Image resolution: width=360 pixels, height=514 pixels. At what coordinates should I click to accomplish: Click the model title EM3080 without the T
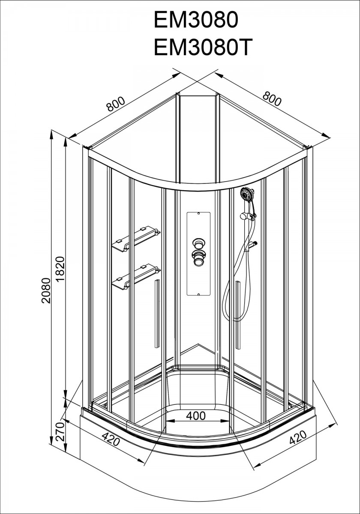click(x=196, y=20)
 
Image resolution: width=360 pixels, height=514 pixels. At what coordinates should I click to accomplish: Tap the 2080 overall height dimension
click(x=46, y=290)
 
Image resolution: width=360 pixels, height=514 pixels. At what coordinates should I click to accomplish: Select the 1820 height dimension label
click(x=60, y=269)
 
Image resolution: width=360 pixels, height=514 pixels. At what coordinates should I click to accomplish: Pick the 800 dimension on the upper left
click(x=116, y=104)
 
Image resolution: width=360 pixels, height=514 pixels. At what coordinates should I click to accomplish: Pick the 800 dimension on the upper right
click(x=271, y=99)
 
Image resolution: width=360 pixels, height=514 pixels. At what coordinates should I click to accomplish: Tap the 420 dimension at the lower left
click(x=111, y=439)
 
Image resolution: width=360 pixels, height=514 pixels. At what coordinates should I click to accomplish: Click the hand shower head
click(x=246, y=194)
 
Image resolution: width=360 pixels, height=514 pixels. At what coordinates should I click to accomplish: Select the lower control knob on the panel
click(x=198, y=258)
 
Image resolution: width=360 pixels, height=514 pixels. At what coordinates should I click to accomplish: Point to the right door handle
click(x=238, y=315)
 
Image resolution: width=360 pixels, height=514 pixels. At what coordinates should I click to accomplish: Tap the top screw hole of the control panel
click(x=198, y=214)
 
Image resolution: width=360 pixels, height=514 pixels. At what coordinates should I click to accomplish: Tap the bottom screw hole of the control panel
click(x=198, y=294)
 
